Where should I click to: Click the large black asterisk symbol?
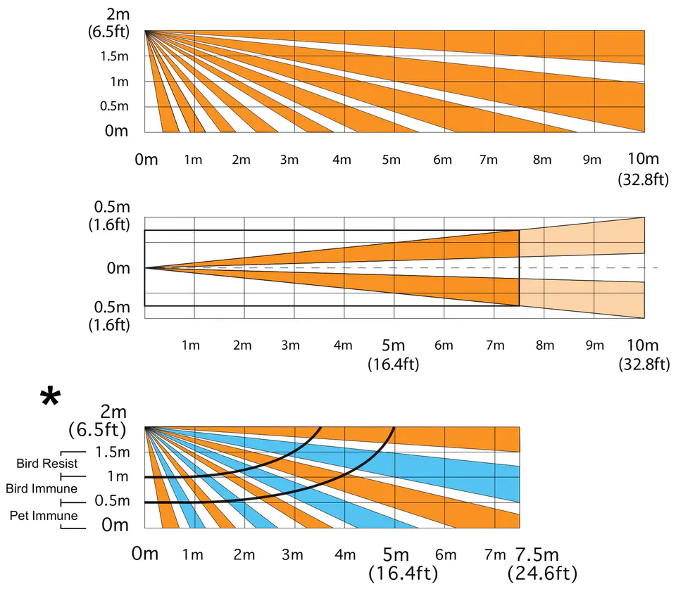click(x=50, y=398)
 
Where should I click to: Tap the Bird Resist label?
click(x=47, y=464)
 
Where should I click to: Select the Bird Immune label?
click(x=42, y=488)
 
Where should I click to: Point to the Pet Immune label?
click(x=44, y=516)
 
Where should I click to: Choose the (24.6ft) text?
click(x=542, y=574)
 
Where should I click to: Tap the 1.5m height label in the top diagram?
click(x=113, y=56)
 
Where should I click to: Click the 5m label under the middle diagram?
click(x=393, y=345)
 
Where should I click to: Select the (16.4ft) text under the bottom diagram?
click(x=403, y=574)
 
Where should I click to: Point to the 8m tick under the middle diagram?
click(x=543, y=345)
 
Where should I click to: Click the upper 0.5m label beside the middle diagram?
click(x=109, y=208)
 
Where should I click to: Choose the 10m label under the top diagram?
click(x=642, y=159)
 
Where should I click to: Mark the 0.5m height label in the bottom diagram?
click(x=113, y=501)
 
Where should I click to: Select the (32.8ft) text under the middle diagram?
click(x=642, y=364)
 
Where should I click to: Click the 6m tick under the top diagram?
click(x=442, y=160)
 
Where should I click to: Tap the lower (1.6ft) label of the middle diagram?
click(x=110, y=324)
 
